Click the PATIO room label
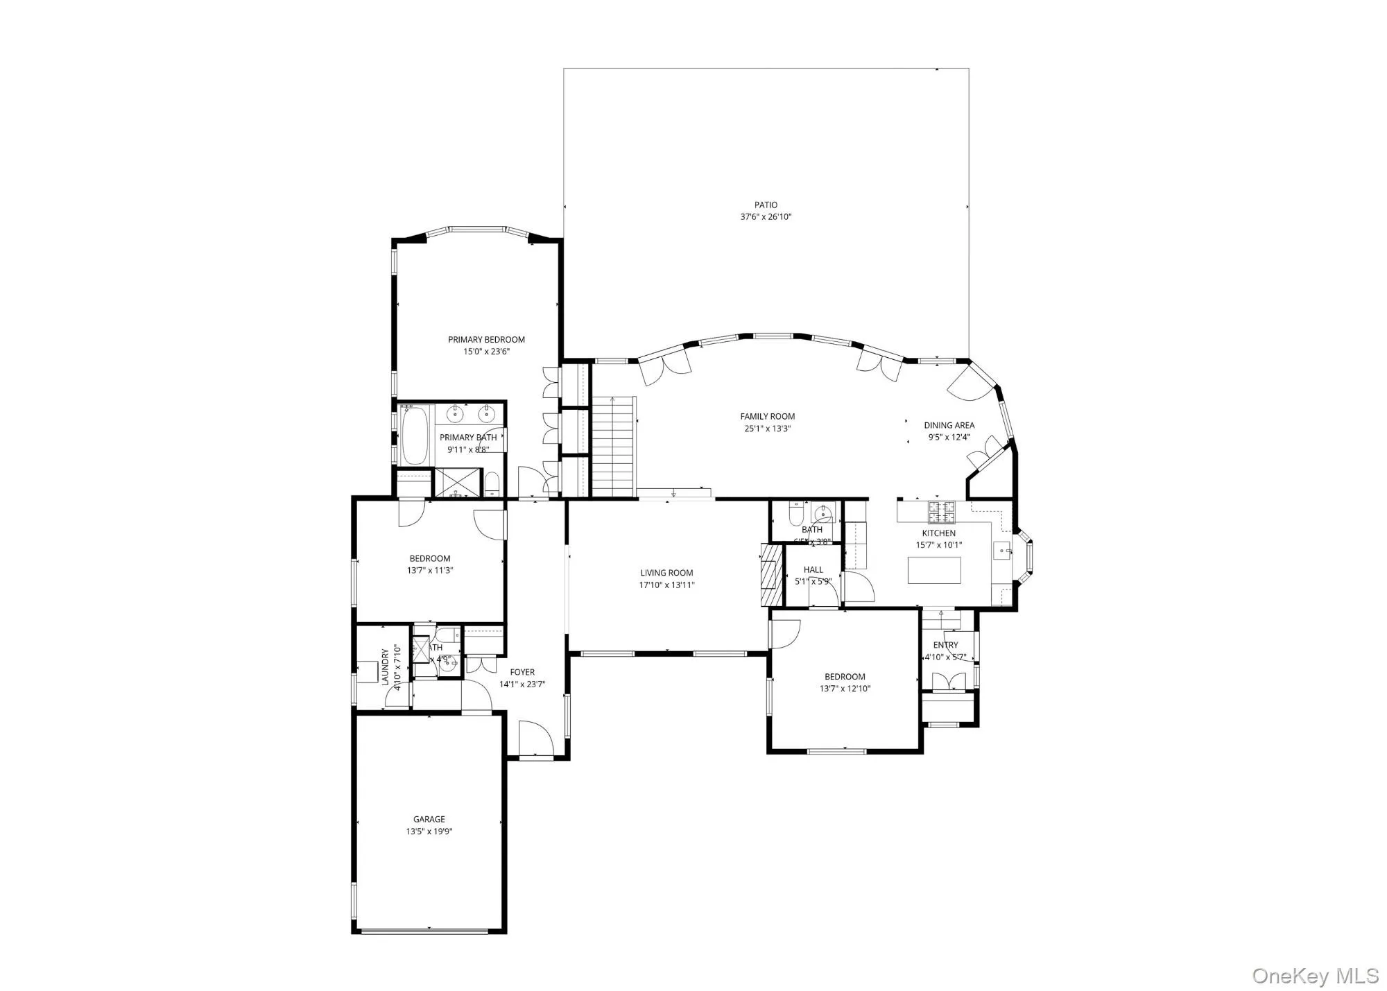766,205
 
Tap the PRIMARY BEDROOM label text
486,339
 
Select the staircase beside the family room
613,447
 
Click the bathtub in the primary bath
415,435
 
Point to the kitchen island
934,570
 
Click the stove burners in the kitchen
942,512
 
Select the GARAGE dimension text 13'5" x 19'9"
429,831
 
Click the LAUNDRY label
386,666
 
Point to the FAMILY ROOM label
767,416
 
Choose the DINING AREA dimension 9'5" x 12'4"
949,437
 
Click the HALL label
813,569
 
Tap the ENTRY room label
945,645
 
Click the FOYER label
522,672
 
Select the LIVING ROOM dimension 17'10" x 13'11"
666,585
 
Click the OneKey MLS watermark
1315,975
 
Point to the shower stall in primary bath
457,482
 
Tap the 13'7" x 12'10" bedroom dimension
845,689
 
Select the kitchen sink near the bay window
1001,551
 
